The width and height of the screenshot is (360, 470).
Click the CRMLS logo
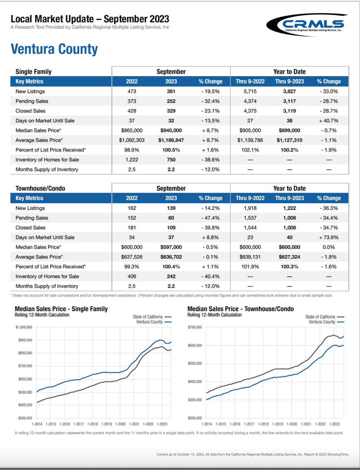tap(307, 25)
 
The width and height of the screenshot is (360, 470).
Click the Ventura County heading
tap(54, 49)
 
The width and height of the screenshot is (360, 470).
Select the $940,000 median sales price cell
tap(171, 131)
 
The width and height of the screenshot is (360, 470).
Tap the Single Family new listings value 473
tap(132, 91)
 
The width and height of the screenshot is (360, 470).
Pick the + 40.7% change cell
tap(328, 121)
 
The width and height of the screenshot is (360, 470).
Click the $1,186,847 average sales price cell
tap(171, 140)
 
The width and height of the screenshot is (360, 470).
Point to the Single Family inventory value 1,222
tap(132, 160)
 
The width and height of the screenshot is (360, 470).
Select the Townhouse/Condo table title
tap(40, 188)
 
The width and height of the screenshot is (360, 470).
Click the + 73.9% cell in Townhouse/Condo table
tap(328, 237)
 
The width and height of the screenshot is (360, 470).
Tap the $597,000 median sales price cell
tap(171, 247)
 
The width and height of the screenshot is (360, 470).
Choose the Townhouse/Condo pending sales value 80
tap(171, 218)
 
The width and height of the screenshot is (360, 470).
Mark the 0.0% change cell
tap(328, 247)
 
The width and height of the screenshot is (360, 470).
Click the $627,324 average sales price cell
tap(289, 257)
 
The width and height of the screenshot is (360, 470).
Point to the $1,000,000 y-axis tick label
tap(24, 327)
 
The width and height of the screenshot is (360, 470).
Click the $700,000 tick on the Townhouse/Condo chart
tap(195, 327)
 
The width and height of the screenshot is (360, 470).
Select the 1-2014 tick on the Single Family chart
tap(37, 424)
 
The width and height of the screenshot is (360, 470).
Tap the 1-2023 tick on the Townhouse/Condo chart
tap(334, 424)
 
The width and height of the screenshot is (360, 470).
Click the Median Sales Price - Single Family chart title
tap(61, 309)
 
